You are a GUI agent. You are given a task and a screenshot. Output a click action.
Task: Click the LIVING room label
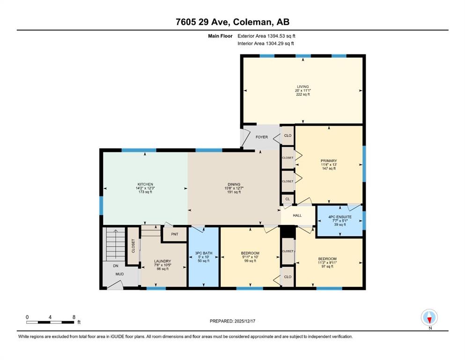coord(303,87)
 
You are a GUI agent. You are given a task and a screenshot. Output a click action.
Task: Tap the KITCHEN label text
coord(145,184)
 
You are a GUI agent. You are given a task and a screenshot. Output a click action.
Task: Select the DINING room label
coord(234,184)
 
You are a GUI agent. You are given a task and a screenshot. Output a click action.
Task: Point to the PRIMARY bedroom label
coord(329,161)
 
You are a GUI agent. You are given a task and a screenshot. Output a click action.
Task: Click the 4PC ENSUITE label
coord(340,217)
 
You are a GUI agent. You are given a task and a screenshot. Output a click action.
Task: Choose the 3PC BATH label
coord(204,253)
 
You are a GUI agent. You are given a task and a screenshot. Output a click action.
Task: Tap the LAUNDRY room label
coord(162,261)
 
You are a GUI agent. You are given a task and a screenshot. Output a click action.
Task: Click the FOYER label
coord(262,137)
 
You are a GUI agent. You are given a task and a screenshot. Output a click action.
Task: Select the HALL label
coord(297,216)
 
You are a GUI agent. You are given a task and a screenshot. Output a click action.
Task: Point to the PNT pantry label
coord(175,234)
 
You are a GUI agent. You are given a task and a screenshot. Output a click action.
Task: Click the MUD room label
coord(119,274)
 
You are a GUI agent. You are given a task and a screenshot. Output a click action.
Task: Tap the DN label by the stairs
coord(116,266)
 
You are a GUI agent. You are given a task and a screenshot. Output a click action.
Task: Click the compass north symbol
coord(429,317)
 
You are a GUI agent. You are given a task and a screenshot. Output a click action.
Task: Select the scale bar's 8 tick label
coord(74,317)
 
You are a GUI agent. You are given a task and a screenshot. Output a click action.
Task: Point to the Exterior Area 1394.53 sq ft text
coord(266,36)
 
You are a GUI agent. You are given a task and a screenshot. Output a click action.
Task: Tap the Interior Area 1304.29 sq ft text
coord(266,43)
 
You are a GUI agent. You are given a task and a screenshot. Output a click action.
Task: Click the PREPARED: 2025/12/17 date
coord(232,321)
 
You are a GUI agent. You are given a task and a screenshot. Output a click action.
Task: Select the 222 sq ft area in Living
coord(303,94)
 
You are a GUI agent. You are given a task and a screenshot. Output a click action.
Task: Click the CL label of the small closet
coord(288,199)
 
